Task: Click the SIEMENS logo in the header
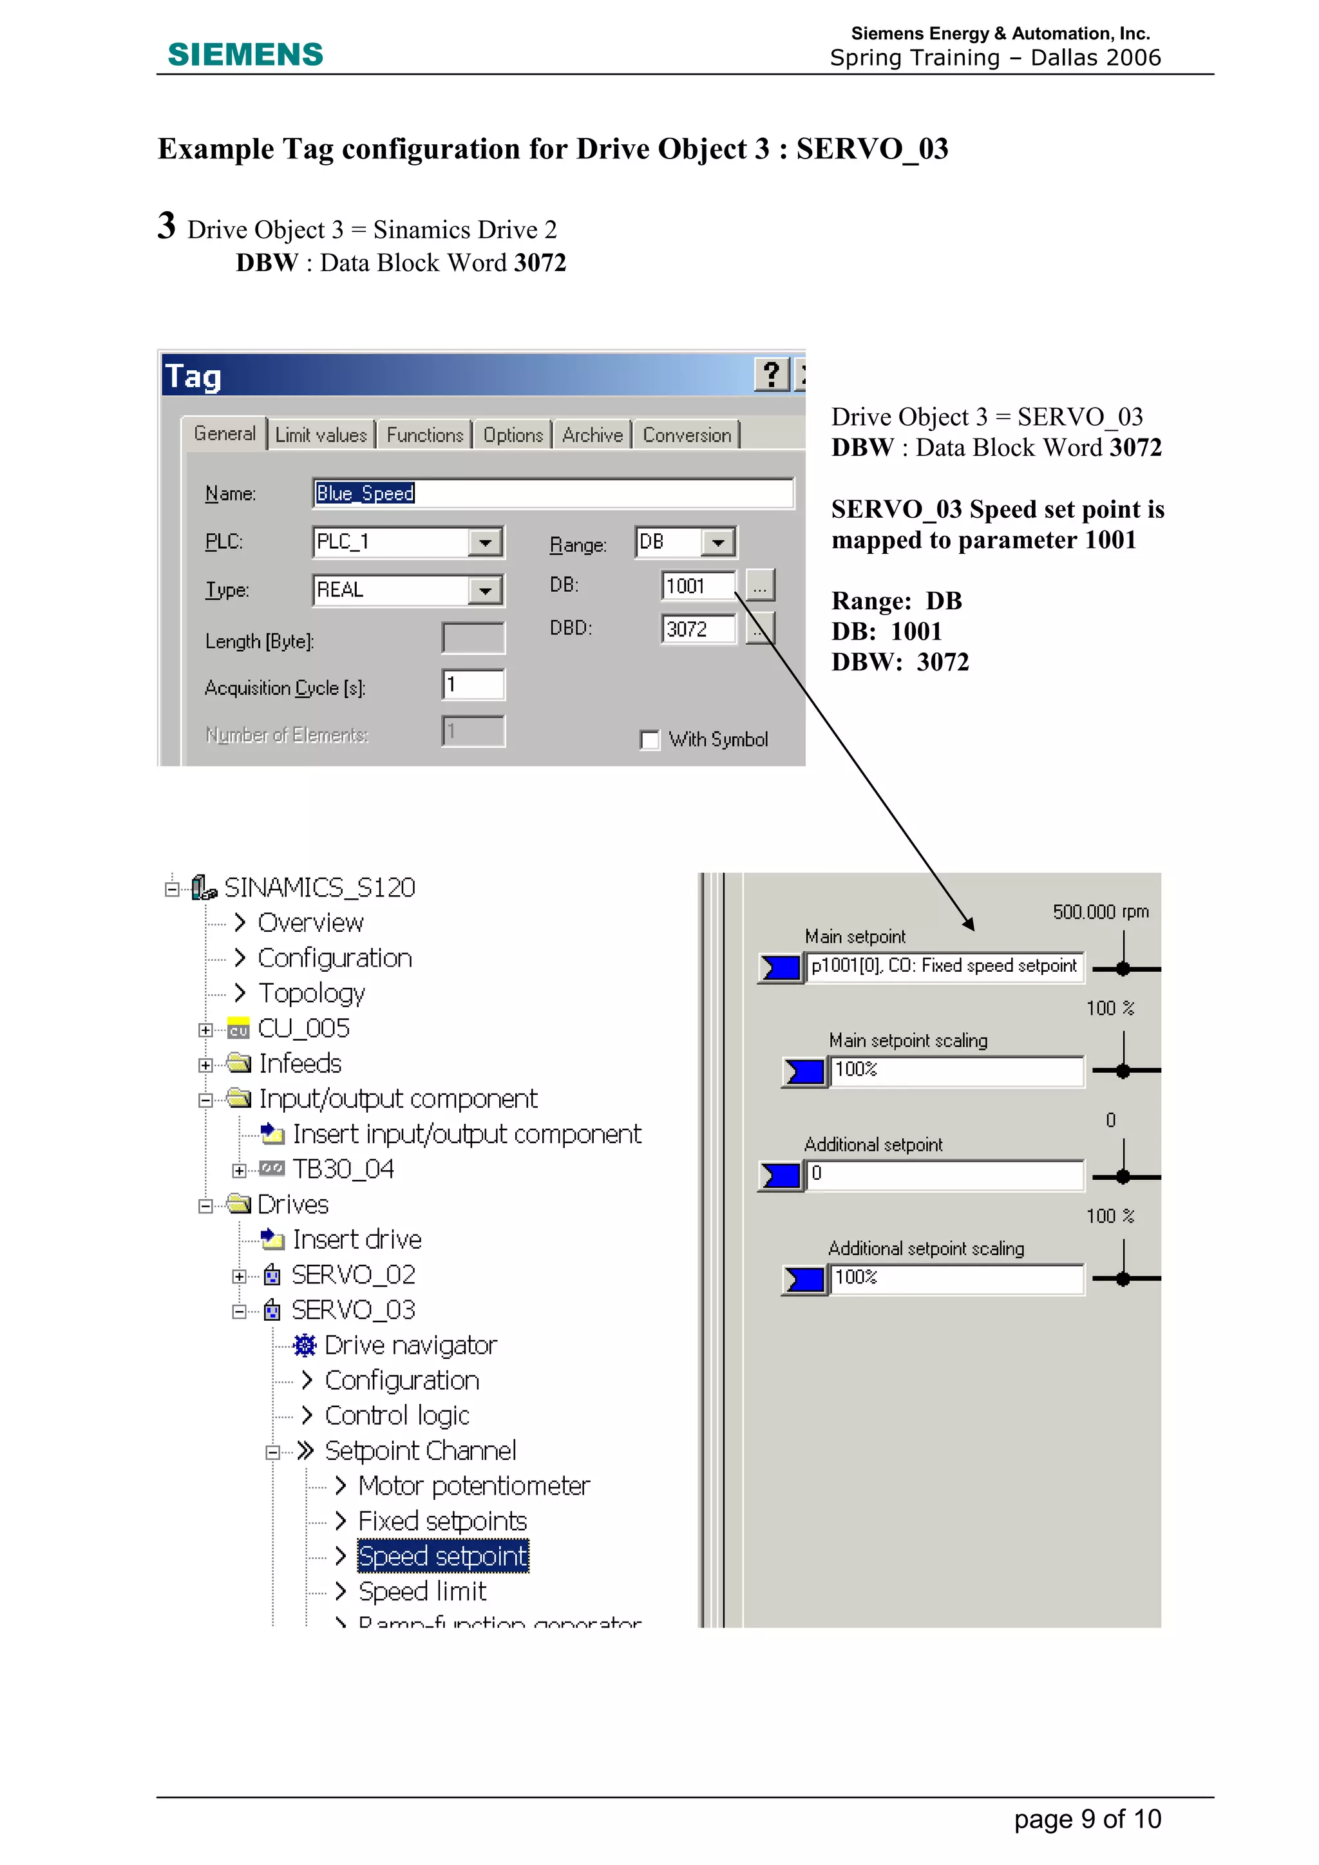pyautogui.click(x=245, y=55)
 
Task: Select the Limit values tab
pyautogui.click(x=321, y=435)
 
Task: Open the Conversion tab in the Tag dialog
pyautogui.click(x=687, y=435)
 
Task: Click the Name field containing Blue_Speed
pyautogui.click(x=553, y=493)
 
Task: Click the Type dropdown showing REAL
pyautogui.click(x=408, y=590)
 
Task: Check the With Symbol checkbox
pyautogui.click(x=650, y=740)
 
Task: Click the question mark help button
pyautogui.click(x=771, y=375)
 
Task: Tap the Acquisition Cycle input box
pyautogui.click(x=473, y=685)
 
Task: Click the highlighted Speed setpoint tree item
pyautogui.click(x=442, y=1555)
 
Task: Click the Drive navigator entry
pyautogui.click(x=410, y=1345)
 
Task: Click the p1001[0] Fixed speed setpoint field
pyautogui.click(x=943, y=966)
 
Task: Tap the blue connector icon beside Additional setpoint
pyautogui.click(x=781, y=1175)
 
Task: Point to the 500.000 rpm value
pyautogui.click(x=1100, y=911)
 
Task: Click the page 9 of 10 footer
pyautogui.click(x=1087, y=1819)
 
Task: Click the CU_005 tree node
pyautogui.click(x=303, y=1028)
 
